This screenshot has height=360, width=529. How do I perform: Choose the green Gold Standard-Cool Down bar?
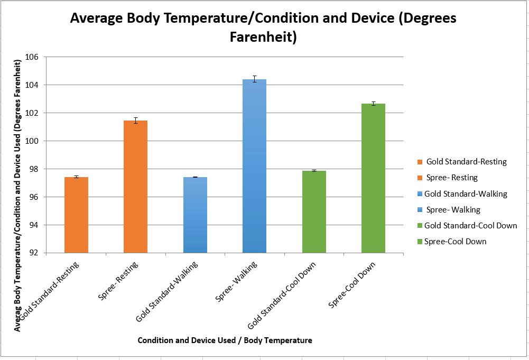click(x=314, y=212)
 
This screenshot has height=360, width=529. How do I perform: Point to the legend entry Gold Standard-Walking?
click(x=466, y=194)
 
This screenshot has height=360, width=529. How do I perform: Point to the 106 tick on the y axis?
click(x=34, y=57)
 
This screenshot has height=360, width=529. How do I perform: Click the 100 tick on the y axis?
click(x=34, y=141)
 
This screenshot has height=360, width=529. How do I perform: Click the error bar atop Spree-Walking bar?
click(x=254, y=79)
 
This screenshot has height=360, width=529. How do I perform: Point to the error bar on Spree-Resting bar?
click(x=135, y=121)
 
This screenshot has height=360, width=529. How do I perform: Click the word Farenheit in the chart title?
click(x=263, y=38)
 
